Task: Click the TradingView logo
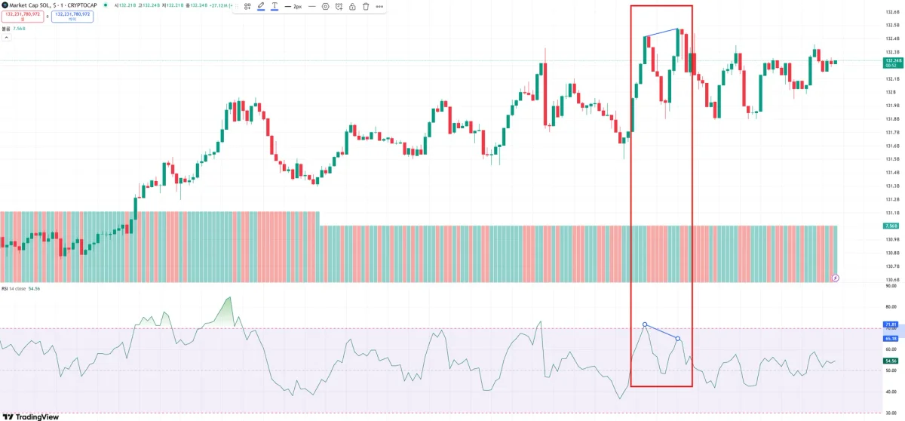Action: click(x=31, y=416)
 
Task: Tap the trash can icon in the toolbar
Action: click(x=366, y=6)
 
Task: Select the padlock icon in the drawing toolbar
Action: click(x=352, y=6)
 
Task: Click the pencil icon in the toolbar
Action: click(x=260, y=6)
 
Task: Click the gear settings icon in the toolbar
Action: click(x=325, y=6)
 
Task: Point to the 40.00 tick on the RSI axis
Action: click(x=891, y=392)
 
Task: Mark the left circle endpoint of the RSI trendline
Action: click(x=645, y=324)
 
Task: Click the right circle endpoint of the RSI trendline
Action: click(x=677, y=339)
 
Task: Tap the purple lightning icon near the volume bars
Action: click(x=836, y=278)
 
